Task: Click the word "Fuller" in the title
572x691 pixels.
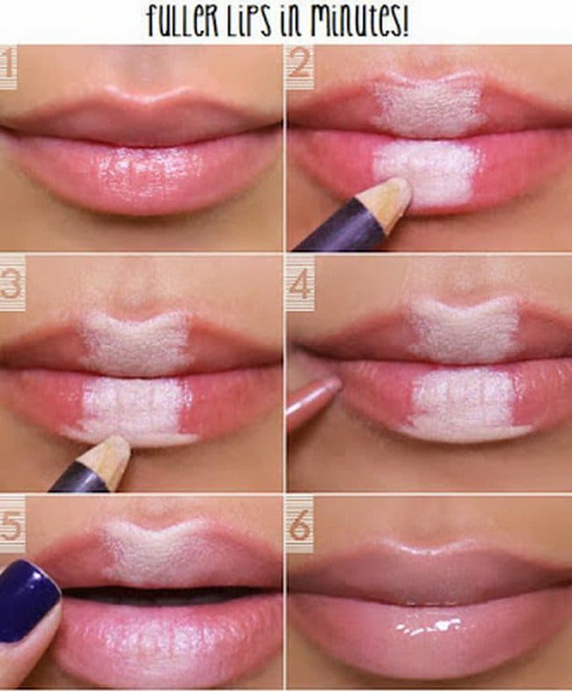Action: [x=182, y=20]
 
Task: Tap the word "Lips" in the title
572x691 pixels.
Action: [x=248, y=21]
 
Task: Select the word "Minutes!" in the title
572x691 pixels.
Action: [x=359, y=20]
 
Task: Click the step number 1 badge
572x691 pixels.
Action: [x=8, y=67]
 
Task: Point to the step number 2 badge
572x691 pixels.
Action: [x=300, y=67]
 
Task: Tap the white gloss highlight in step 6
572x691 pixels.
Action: [x=429, y=627]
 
